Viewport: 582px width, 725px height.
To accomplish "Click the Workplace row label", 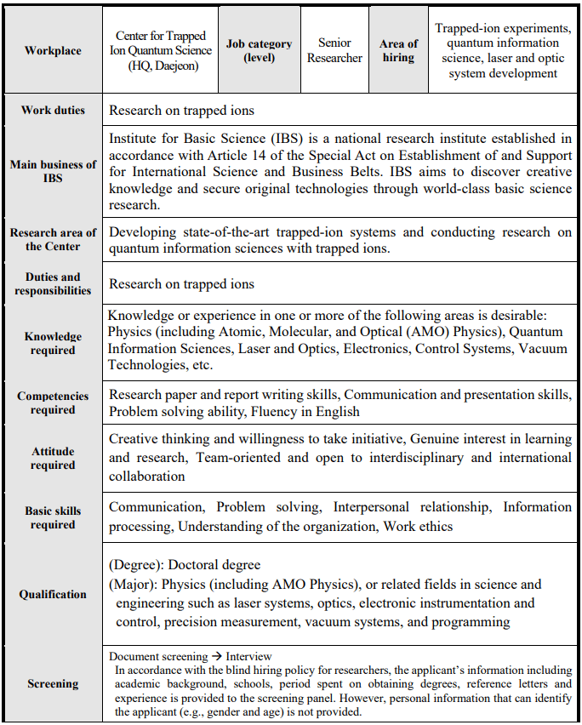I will click(53, 50).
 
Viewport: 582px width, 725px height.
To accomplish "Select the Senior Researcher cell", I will click(334, 50).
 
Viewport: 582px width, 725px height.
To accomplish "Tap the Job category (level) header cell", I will click(259, 50).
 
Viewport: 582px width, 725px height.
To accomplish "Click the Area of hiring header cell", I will click(398, 50).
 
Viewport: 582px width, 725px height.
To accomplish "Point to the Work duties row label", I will click(53, 110).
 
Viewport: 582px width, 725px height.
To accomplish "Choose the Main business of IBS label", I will click(53, 171).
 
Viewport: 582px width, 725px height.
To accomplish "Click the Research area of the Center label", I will click(53, 239).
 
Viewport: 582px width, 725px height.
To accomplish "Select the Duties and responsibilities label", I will click(53, 283).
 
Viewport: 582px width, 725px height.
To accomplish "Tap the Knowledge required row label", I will click(53, 343).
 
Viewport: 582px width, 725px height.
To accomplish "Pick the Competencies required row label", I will click(53, 402).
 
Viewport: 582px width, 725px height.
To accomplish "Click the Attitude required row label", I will click(53, 458).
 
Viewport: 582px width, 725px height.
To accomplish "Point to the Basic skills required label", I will click(53, 517).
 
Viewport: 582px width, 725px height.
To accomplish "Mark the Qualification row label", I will click(53, 594).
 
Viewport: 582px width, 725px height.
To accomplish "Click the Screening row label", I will click(53, 683).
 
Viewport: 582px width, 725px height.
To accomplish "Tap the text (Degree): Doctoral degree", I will click(185, 564).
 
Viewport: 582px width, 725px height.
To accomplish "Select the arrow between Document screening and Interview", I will click(216, 656).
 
